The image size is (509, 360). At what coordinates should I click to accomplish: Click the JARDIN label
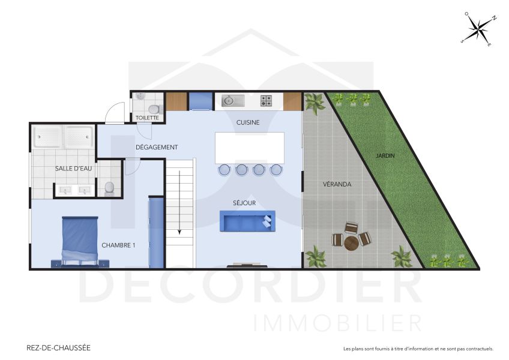(x=385, y=155)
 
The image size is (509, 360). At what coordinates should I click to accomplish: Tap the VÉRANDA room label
(x=337, y=184)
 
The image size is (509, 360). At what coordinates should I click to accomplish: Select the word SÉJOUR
(x=244, y=203)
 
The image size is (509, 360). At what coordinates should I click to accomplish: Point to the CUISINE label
(x=248, y=122)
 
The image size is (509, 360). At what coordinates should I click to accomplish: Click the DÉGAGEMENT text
(x=157, y=147)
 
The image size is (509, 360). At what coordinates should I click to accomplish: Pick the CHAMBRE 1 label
(x=118, y=245)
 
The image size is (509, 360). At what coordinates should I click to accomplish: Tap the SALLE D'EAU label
(x=74, y=169)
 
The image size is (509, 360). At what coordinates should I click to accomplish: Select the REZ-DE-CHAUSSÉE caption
(x=59, y=347)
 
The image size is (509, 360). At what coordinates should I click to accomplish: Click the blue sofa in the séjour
(x=247, y=221)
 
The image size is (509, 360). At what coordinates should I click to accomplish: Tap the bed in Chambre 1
(x=79, y=241)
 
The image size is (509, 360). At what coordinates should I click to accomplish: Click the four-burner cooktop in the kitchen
(x=266, y=101)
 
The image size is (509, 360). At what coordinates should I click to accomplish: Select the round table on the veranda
(x=351, y=242)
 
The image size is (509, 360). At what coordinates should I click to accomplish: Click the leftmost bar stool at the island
(x=224, y=170)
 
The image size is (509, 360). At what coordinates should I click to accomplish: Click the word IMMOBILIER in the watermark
(x=337, y=323)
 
